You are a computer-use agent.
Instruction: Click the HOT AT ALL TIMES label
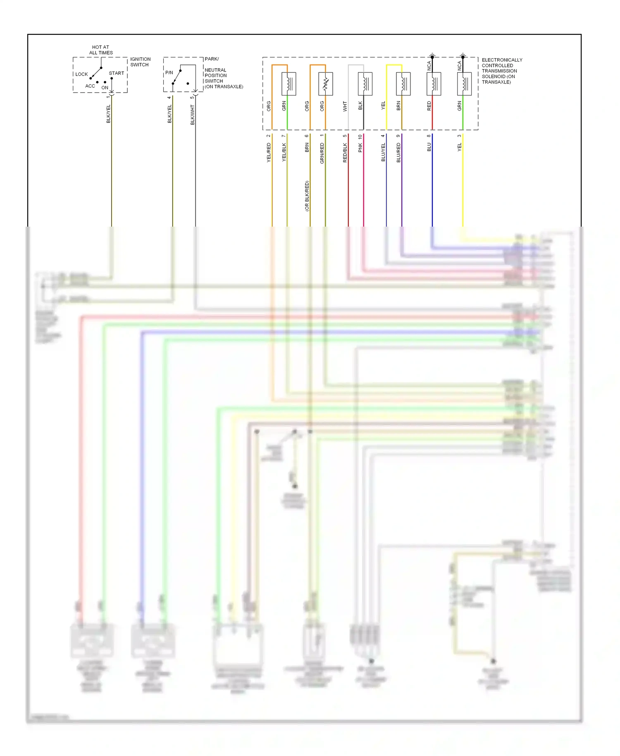point(101,50)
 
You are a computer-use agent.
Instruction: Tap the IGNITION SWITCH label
point(141,62)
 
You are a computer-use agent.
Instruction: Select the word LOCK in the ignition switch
point(81,74)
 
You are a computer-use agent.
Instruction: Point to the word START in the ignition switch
point(117,73)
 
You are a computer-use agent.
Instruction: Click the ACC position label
point(90,86)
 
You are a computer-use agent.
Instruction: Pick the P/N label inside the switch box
point(169,73)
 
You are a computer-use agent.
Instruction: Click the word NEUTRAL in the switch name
point(215,70)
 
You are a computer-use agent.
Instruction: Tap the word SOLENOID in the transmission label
point(493,77)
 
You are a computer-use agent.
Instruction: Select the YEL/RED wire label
point(269,152)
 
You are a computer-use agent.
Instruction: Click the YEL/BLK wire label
point(284,152)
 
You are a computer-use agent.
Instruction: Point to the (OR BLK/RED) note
point(307,196)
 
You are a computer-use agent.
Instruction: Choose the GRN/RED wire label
point(322,153)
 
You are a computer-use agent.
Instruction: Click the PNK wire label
point(360,148)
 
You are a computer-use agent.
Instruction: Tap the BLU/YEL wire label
point(383,152)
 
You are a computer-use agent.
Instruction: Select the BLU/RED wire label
point(398,152)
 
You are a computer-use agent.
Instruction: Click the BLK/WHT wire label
point(192,115)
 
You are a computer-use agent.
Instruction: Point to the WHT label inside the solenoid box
point(345,107)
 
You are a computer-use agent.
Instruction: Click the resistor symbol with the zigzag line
point(326,84)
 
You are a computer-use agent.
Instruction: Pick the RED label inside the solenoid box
point(429,106)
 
